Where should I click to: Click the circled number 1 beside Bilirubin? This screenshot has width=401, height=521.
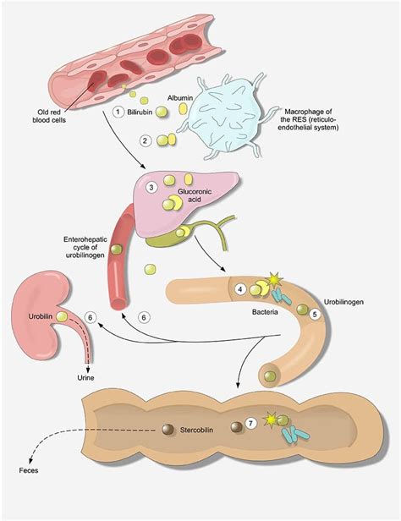point(118,112)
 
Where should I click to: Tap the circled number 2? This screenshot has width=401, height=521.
point(145,140)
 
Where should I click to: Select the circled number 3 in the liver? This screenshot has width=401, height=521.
point(151,188)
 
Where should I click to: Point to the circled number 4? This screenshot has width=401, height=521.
point(240,289)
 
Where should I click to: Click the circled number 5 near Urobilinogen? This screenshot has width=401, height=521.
point(315,314)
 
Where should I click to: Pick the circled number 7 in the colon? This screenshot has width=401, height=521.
point(250,423)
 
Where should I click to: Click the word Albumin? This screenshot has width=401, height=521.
point(180,98)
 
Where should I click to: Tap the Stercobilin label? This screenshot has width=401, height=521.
point(196,430)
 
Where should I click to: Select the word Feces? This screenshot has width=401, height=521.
point(29,470)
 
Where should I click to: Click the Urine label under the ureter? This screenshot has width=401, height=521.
point(85,378)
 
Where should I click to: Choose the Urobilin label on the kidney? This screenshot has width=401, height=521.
point(41,316)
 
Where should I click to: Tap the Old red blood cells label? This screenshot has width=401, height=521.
point(49,116)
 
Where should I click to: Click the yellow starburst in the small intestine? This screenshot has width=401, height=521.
point(274,281)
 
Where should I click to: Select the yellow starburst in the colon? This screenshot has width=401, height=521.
point(270,420)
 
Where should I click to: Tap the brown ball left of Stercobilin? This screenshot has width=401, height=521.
point(168,430)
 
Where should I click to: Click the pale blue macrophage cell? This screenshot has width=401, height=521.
point(229,117)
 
